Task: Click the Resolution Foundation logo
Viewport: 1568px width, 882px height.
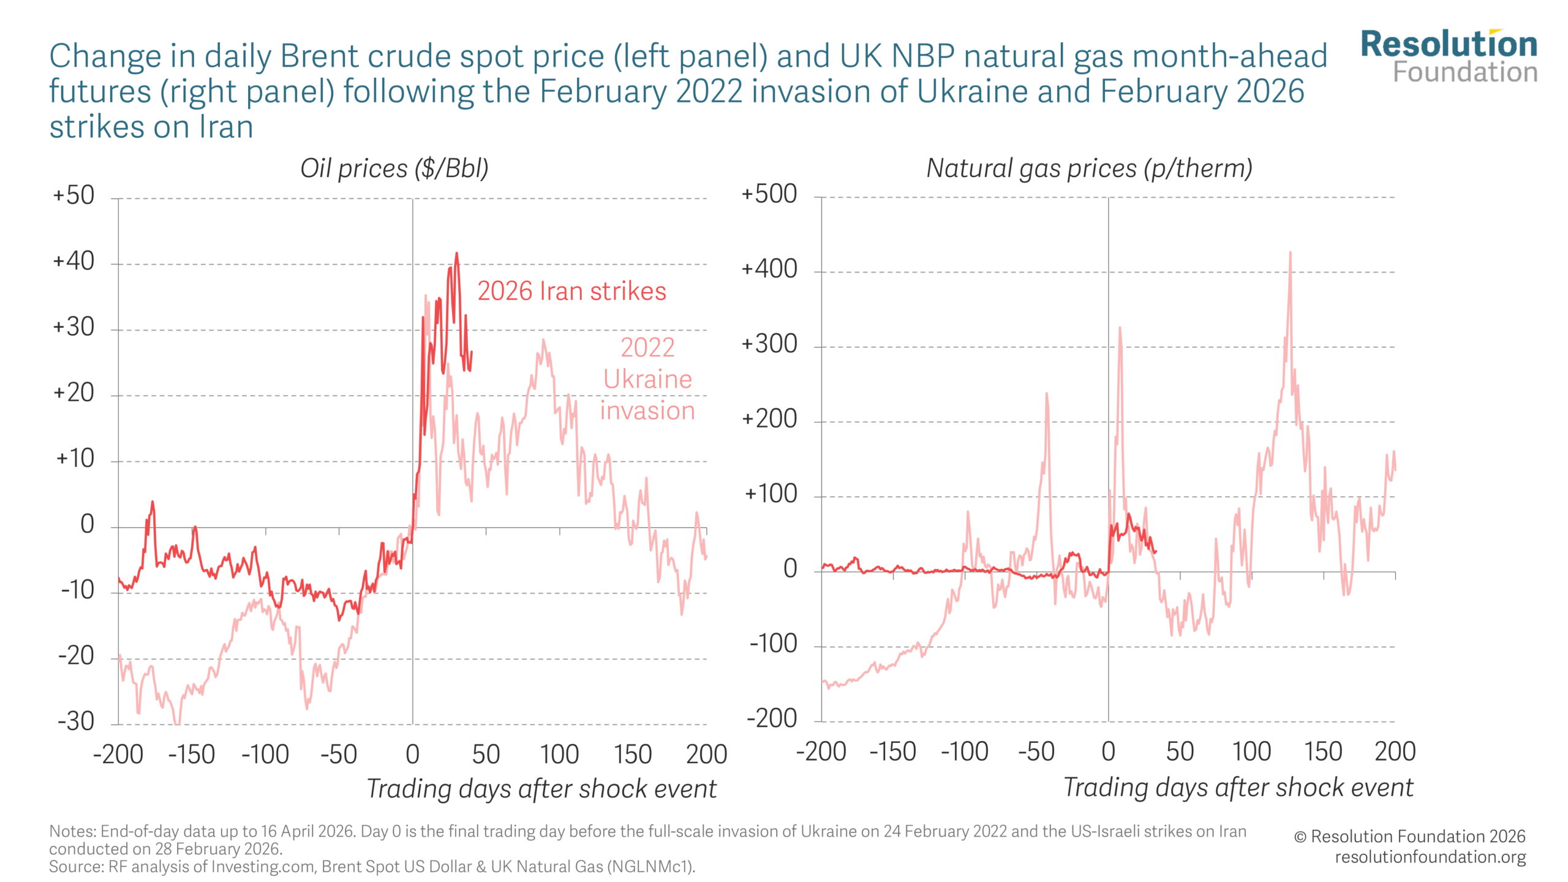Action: click(x=1449, y=56)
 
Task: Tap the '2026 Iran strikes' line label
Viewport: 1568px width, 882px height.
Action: click(x=571, y=292)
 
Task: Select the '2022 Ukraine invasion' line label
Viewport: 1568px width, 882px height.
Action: click(x=647, y=379)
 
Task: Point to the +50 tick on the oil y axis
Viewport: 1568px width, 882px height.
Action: click(x=73, y=196)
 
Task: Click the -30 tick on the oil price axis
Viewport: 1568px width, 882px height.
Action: click(x=76, y=722)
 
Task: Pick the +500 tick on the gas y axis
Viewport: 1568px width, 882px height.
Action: click(x=769, y=195)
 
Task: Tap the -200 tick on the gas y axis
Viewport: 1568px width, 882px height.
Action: click(x=772, y=718)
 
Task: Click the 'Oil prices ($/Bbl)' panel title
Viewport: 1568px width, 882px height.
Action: click(x=394, y=168)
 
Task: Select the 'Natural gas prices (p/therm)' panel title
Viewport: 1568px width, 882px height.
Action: click(x=1089, y=168)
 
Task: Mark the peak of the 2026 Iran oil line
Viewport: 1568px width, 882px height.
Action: click(x=456, y=254)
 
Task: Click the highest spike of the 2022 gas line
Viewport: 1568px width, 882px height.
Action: click(x=1290, y=252)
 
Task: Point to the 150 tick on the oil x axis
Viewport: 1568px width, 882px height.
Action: click(x=633, y=755)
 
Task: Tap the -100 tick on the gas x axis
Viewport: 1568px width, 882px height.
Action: click(x=965, y=752)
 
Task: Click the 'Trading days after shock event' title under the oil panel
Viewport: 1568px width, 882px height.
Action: click(x=541, y=789)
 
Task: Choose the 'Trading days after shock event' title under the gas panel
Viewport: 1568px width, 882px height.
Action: click(x=1238, y=788)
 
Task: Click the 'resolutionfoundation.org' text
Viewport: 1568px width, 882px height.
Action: click(x=1430, y=857)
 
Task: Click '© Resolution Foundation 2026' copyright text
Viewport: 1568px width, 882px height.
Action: click(x=1409, y=837)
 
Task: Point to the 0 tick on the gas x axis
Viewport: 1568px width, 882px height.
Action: click(x=1108, y=752)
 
